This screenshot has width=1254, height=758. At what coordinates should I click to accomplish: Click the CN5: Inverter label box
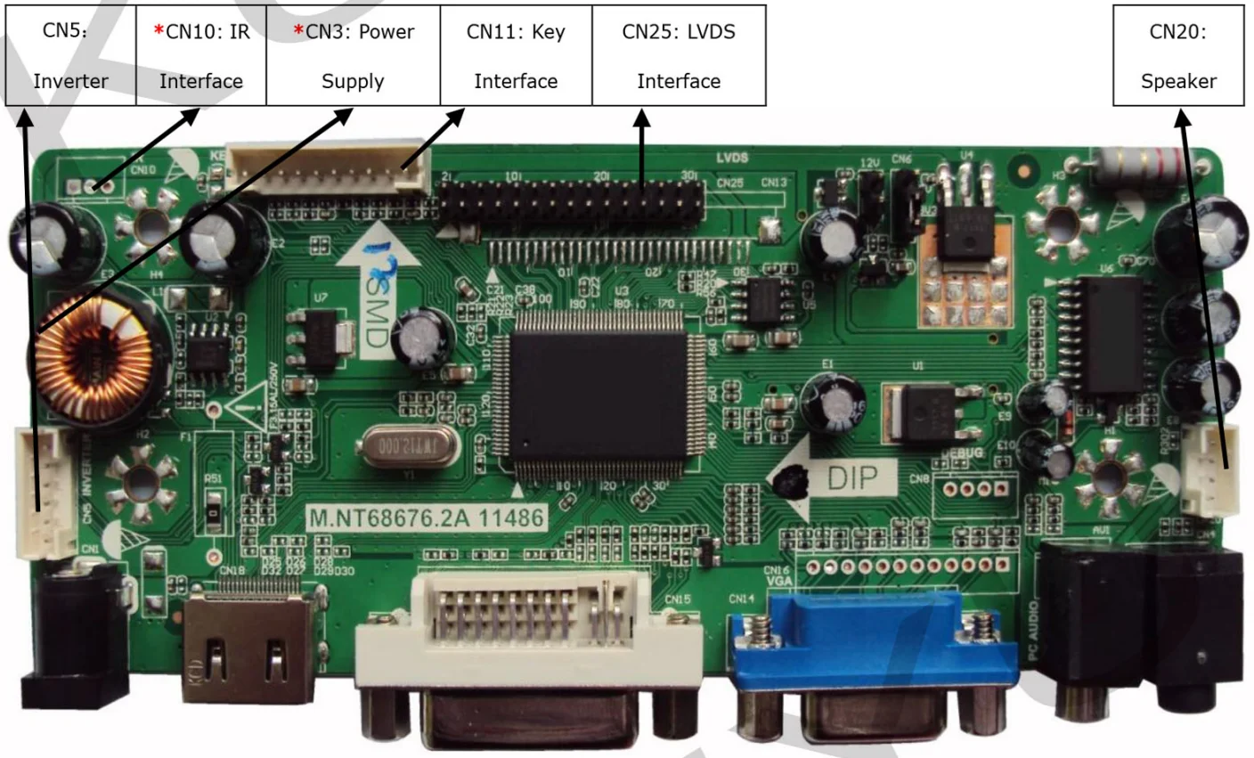point(70,55)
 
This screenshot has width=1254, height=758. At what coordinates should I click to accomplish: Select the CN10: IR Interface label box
point(201,55)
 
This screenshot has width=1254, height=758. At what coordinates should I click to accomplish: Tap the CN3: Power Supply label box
point(354,55)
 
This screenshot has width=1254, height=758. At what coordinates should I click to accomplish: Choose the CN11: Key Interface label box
point(516,55)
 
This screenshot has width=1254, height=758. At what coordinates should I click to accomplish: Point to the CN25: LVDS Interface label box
point(679,55)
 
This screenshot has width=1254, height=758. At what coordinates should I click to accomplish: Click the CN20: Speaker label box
point(1178,55)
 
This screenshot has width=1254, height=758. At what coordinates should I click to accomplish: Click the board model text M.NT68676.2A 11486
point(425,518)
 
